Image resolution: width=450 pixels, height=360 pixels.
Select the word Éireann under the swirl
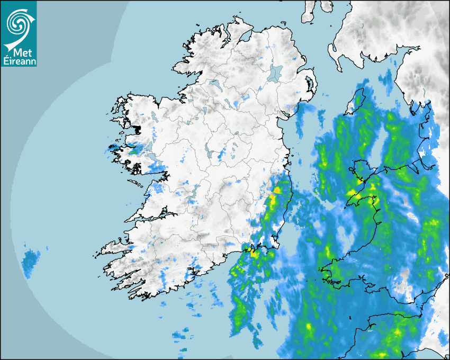pos(19,61)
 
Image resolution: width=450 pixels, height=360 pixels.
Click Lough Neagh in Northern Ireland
pos(276,73)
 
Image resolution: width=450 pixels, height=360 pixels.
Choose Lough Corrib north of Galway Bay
pos(149,146)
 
